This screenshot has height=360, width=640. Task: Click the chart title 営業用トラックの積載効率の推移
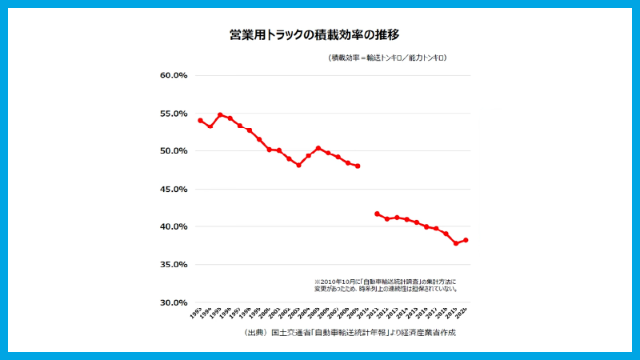pos(319,35)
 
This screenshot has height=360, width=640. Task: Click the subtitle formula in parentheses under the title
pos(387,58)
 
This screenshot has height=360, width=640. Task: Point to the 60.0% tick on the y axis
pos(174,76)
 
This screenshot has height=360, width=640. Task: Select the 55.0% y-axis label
pos(174,114)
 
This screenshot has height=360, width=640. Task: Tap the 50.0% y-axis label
pos(174,151)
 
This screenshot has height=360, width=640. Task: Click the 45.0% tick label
pos(174,190)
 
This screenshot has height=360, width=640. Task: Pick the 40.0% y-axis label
pos(174,227)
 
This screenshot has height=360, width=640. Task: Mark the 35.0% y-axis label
pos(174,265)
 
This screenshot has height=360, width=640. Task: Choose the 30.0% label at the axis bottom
pos(174,303)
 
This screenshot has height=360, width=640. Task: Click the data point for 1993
pos(200,120)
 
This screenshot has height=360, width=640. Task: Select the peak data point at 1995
pos(220,115)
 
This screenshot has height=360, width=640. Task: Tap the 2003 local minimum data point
pos(298,165)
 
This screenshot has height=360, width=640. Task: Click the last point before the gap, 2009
pos(358,166)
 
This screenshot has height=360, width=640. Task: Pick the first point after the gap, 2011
pos(377,214)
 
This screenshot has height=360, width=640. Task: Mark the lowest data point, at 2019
pos(456,243)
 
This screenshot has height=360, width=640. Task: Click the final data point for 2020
pos(466,240)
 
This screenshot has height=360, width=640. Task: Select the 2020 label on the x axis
pos(462,313)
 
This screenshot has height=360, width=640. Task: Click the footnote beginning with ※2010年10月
pos(386,285)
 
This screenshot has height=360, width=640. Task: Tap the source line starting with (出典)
pos(350,332)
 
